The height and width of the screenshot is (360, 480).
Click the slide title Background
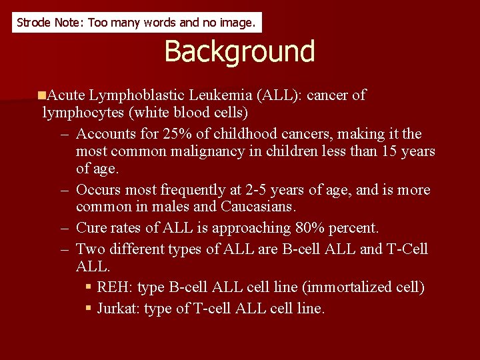pos(239,51)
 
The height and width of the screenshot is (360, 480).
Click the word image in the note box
pos(237,23)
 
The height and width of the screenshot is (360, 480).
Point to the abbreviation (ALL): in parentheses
pos(280,95)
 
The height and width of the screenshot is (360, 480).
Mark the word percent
pos(353,228)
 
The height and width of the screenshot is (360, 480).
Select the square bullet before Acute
pos(42,95)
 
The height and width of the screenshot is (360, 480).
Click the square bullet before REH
pos(89,287)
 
